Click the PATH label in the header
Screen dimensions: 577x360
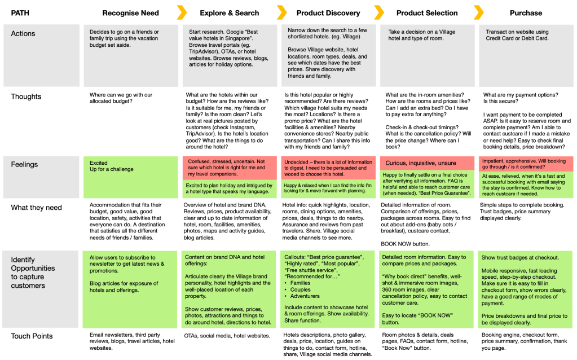pos(20,13)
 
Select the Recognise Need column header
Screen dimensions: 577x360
pos(131,13)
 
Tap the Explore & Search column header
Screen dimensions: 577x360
pos(229,13)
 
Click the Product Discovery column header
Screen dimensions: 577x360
pos(328,13)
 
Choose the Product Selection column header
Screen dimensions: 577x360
pos(427,13)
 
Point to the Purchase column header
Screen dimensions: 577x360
pos(526,13)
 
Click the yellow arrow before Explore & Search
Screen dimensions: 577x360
pos(182,12)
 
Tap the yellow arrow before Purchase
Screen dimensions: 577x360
pos(478,12)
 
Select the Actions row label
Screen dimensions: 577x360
pos(23,33)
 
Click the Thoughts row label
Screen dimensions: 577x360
pos(26,96)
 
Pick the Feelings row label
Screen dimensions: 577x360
pos(24,165)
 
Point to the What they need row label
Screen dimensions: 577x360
pos(37,208)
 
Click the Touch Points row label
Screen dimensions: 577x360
pos(32,336)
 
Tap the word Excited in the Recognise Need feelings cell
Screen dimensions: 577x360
pos(99,163)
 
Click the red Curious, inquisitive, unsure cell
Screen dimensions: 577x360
pos(427,163)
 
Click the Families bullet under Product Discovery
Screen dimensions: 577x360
pos(300,283)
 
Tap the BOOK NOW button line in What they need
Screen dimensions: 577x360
pos(405,244)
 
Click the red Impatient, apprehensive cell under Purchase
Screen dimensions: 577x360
pos(526,164)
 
